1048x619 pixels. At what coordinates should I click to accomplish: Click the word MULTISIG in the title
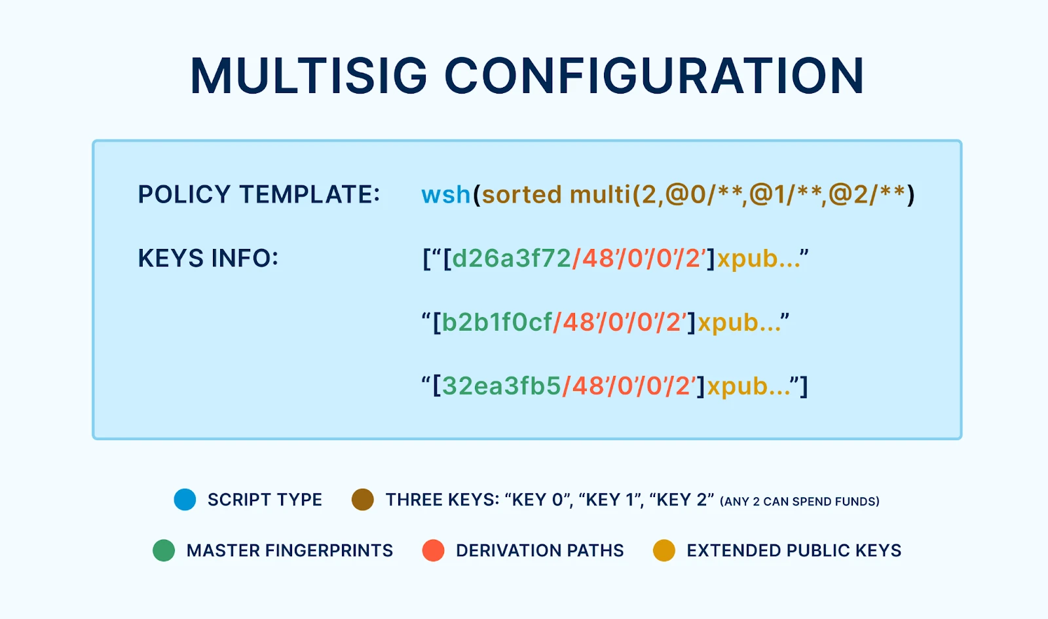pyautogui.click(x=309, y=76)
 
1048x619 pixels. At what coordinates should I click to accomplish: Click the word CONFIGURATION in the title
pyautogui.click(x=654, y=76)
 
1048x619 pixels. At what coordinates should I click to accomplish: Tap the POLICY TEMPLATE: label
pyautogui.click(x=259, y=194)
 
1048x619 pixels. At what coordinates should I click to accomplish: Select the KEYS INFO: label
pyautogui.click(x=208, y=258)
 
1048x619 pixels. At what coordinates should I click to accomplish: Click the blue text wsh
pyautogui.click(x=446, y=194)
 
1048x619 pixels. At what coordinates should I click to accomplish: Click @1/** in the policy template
pyautogui.click(x=785, y=195)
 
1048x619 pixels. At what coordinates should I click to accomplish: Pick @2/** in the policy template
pyautogui.click(x=867, y=195)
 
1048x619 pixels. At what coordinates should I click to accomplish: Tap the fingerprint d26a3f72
pyautogui.click(x=512, y=258)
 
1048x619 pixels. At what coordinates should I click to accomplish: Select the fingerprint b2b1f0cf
pyautogui.click(x=497, y=322)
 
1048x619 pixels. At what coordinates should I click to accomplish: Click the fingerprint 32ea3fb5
pyautogui.click(x=502, y=386)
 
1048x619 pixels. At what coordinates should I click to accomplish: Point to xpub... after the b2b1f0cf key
pyautogui.click(x=739, y=323)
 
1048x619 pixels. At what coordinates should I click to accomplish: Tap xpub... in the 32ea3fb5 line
pyautogui.click(x=749, y=386)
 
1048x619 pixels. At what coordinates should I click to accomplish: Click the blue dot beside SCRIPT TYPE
pyautogui.click(x=185, y=500)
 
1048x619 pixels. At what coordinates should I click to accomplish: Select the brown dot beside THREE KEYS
pyautogui.click(x=363, y=500)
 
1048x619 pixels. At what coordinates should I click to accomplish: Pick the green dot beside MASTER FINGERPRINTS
pyautogui.click(x=164, y=550)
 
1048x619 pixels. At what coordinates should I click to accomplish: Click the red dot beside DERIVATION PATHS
pyautogui.click(x=433, y=550)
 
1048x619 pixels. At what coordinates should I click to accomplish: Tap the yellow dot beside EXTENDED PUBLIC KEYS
pyautogui.click(x=664, y=550)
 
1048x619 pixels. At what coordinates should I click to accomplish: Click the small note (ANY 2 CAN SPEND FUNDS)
pyautogui.click(x=800, y=502)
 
